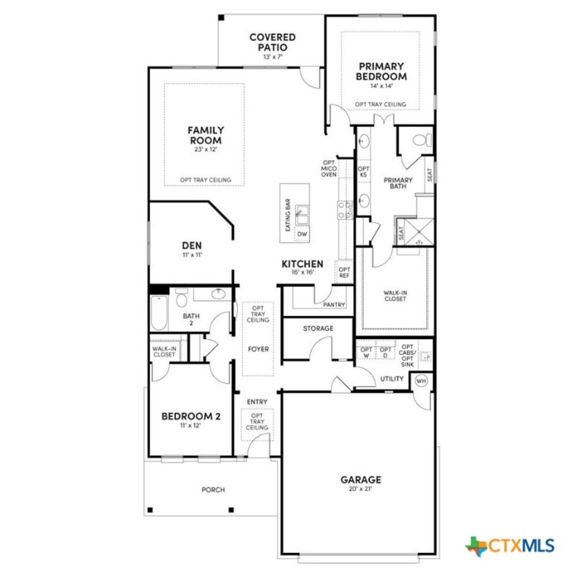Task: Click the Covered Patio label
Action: [x=273, y=42]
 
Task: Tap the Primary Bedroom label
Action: [x=382, y=71]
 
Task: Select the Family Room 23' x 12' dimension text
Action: [x=205, y=149]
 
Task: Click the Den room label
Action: [x=192, y=245]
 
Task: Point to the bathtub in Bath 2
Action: [x=158, y=314]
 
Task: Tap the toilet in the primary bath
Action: [x=423, y=139]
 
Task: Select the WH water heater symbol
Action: [x=421, y=381]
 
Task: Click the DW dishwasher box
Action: [x=302, y=234]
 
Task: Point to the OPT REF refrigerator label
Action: [x=344, y=273]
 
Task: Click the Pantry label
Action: [x=334, y=304]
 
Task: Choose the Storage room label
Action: [x=318, y=328]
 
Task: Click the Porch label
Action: [x=213, y=490]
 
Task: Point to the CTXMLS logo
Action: [x=509, y=545]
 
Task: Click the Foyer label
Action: [x=258, y=349]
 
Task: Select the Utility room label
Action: [x=392, y=379]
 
